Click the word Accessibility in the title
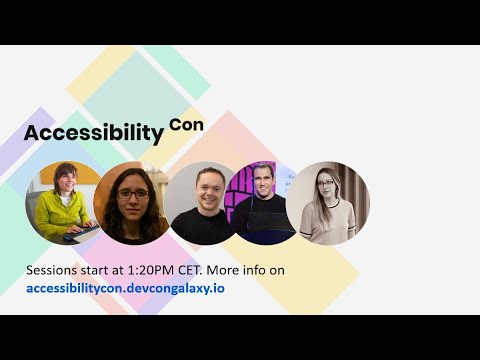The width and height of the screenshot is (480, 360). pos(93,133)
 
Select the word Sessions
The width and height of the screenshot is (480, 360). pos(56,271)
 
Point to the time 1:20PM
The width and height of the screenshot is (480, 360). pos(165,271)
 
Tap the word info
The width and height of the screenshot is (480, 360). pos(284,271)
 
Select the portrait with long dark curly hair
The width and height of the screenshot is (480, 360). pos(134,203)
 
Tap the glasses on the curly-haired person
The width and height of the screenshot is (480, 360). pos(133,194)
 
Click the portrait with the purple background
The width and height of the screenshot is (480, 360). pos(262,203)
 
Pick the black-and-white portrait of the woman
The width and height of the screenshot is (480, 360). pos(327,203)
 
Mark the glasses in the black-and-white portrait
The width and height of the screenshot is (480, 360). pos(328,184)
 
